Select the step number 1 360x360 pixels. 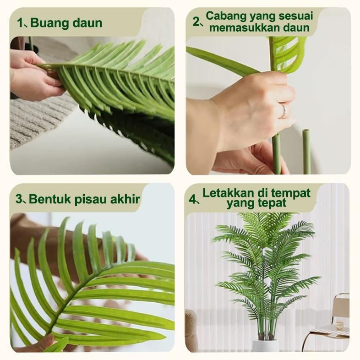point(20,23)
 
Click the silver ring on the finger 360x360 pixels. point(284,110)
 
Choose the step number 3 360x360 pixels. point(19,199)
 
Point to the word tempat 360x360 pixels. point(294,193)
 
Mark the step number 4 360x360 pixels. point(193,199)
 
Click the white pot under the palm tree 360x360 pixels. point(265,345)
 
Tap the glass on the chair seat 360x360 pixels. point(338,325)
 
